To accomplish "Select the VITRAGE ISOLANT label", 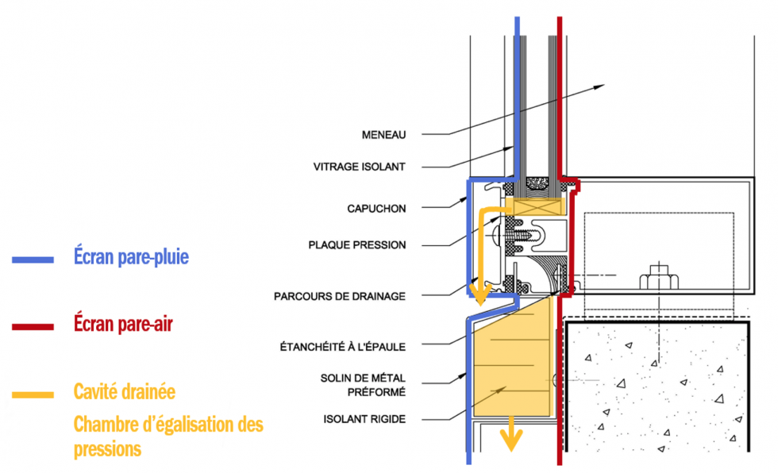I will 359,167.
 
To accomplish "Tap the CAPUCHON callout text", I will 376,209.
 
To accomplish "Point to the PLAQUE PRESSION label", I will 356,245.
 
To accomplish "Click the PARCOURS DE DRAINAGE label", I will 340,296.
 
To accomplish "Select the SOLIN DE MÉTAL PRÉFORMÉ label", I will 365,384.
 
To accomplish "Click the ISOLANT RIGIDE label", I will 364,418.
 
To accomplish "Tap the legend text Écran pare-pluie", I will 131,257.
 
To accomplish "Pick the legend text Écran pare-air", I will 123,324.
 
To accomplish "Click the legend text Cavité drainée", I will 124,391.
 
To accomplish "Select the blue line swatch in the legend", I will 33,260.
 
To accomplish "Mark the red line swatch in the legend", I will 33,326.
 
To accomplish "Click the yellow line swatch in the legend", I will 33,394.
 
